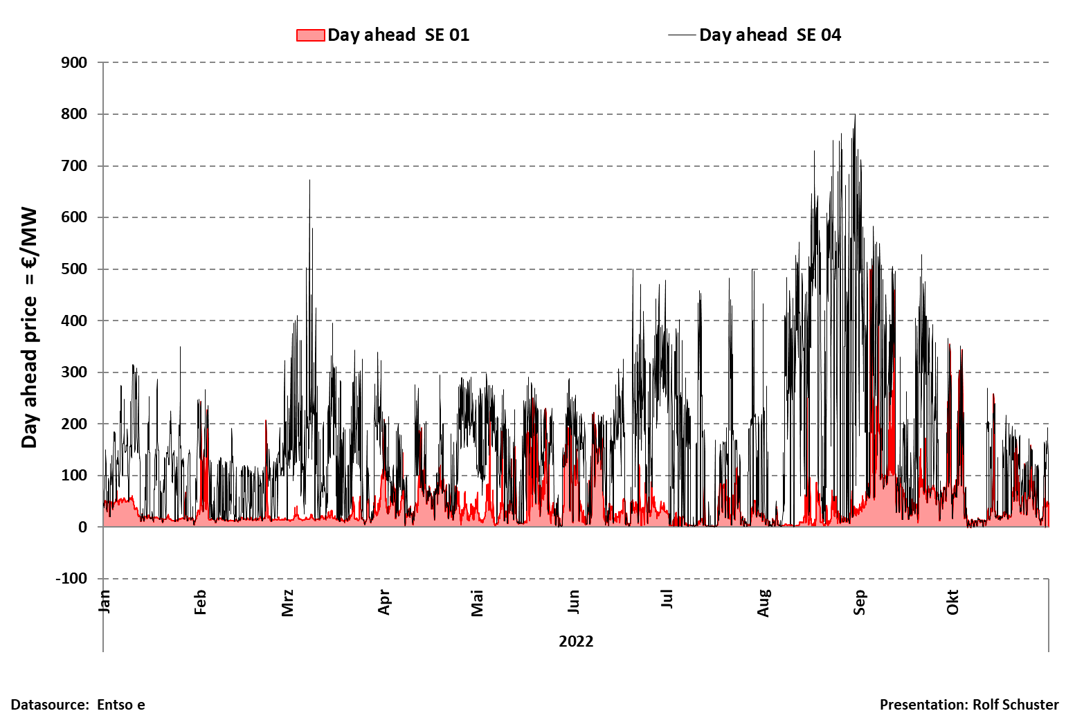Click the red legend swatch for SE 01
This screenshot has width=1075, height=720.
tap(310, 35)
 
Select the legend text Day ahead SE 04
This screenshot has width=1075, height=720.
tap(770, 35)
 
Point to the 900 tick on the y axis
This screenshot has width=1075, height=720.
tap(74, 63)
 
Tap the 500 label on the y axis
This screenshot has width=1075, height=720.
tap(74, 269)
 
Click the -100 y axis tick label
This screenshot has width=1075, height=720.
tap(71, 579)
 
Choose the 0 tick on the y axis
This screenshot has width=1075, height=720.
tap(82, 528)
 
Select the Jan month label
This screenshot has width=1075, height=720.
tap(105, 601)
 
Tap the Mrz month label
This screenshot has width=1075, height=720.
tap(288, 603)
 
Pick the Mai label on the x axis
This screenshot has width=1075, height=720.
tap(477, 603)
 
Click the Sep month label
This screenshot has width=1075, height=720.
tap(859, 602)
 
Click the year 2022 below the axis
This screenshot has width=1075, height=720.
tap(576, 641)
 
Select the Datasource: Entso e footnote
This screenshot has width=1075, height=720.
tap(78, 705)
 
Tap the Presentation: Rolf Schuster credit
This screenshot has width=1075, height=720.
tap(969, 705)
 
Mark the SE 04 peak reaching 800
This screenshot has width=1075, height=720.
tap(855, 116)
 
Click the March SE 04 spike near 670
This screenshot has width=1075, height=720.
tap(309, 181)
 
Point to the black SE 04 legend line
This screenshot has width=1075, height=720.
tap(682, 35)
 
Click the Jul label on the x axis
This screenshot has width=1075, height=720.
tap(667, 599)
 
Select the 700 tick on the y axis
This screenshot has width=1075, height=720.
tap(74, 166)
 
